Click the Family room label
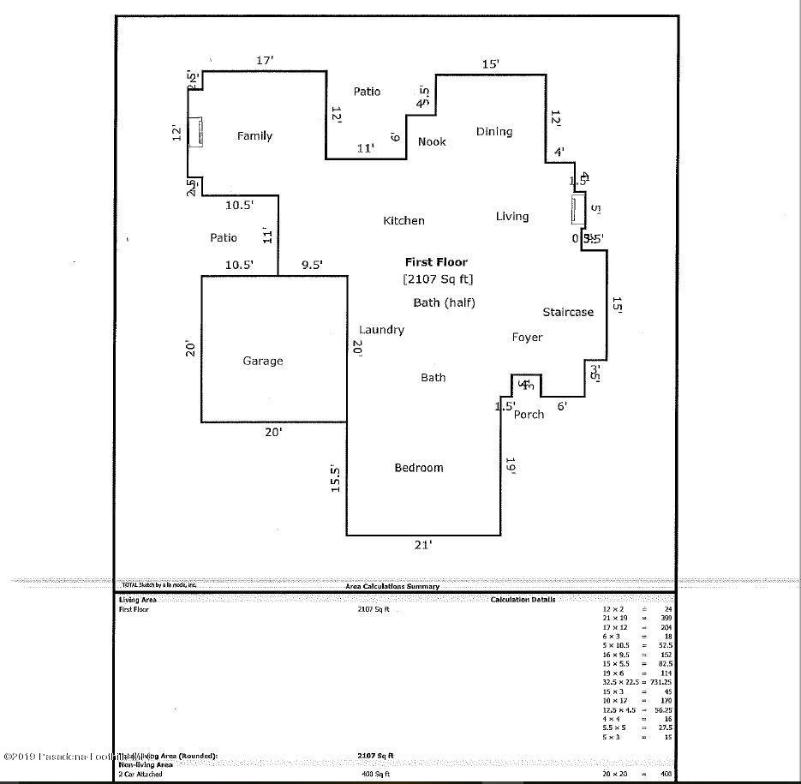tap(254, 135)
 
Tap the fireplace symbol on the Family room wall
tap(195, 132)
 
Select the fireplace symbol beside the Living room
tap(579, 209)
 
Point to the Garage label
tap(262, 361)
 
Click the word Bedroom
tap(418, 467)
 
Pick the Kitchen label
tap(403, 220)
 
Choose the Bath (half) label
tap(444, 302)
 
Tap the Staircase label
tap(567, 312)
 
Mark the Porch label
tap(529, 415)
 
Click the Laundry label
tap(381, 330)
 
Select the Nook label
tap(432, 141)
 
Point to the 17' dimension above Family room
tap(265, 61)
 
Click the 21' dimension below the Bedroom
tap(423, 545)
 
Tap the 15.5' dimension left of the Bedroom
tap(337, 478)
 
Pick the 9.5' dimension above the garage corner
tap(311, 266)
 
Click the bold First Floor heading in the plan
tap(437, 262)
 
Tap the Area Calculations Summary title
tap(392, 586)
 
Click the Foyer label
tap(527, 338)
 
